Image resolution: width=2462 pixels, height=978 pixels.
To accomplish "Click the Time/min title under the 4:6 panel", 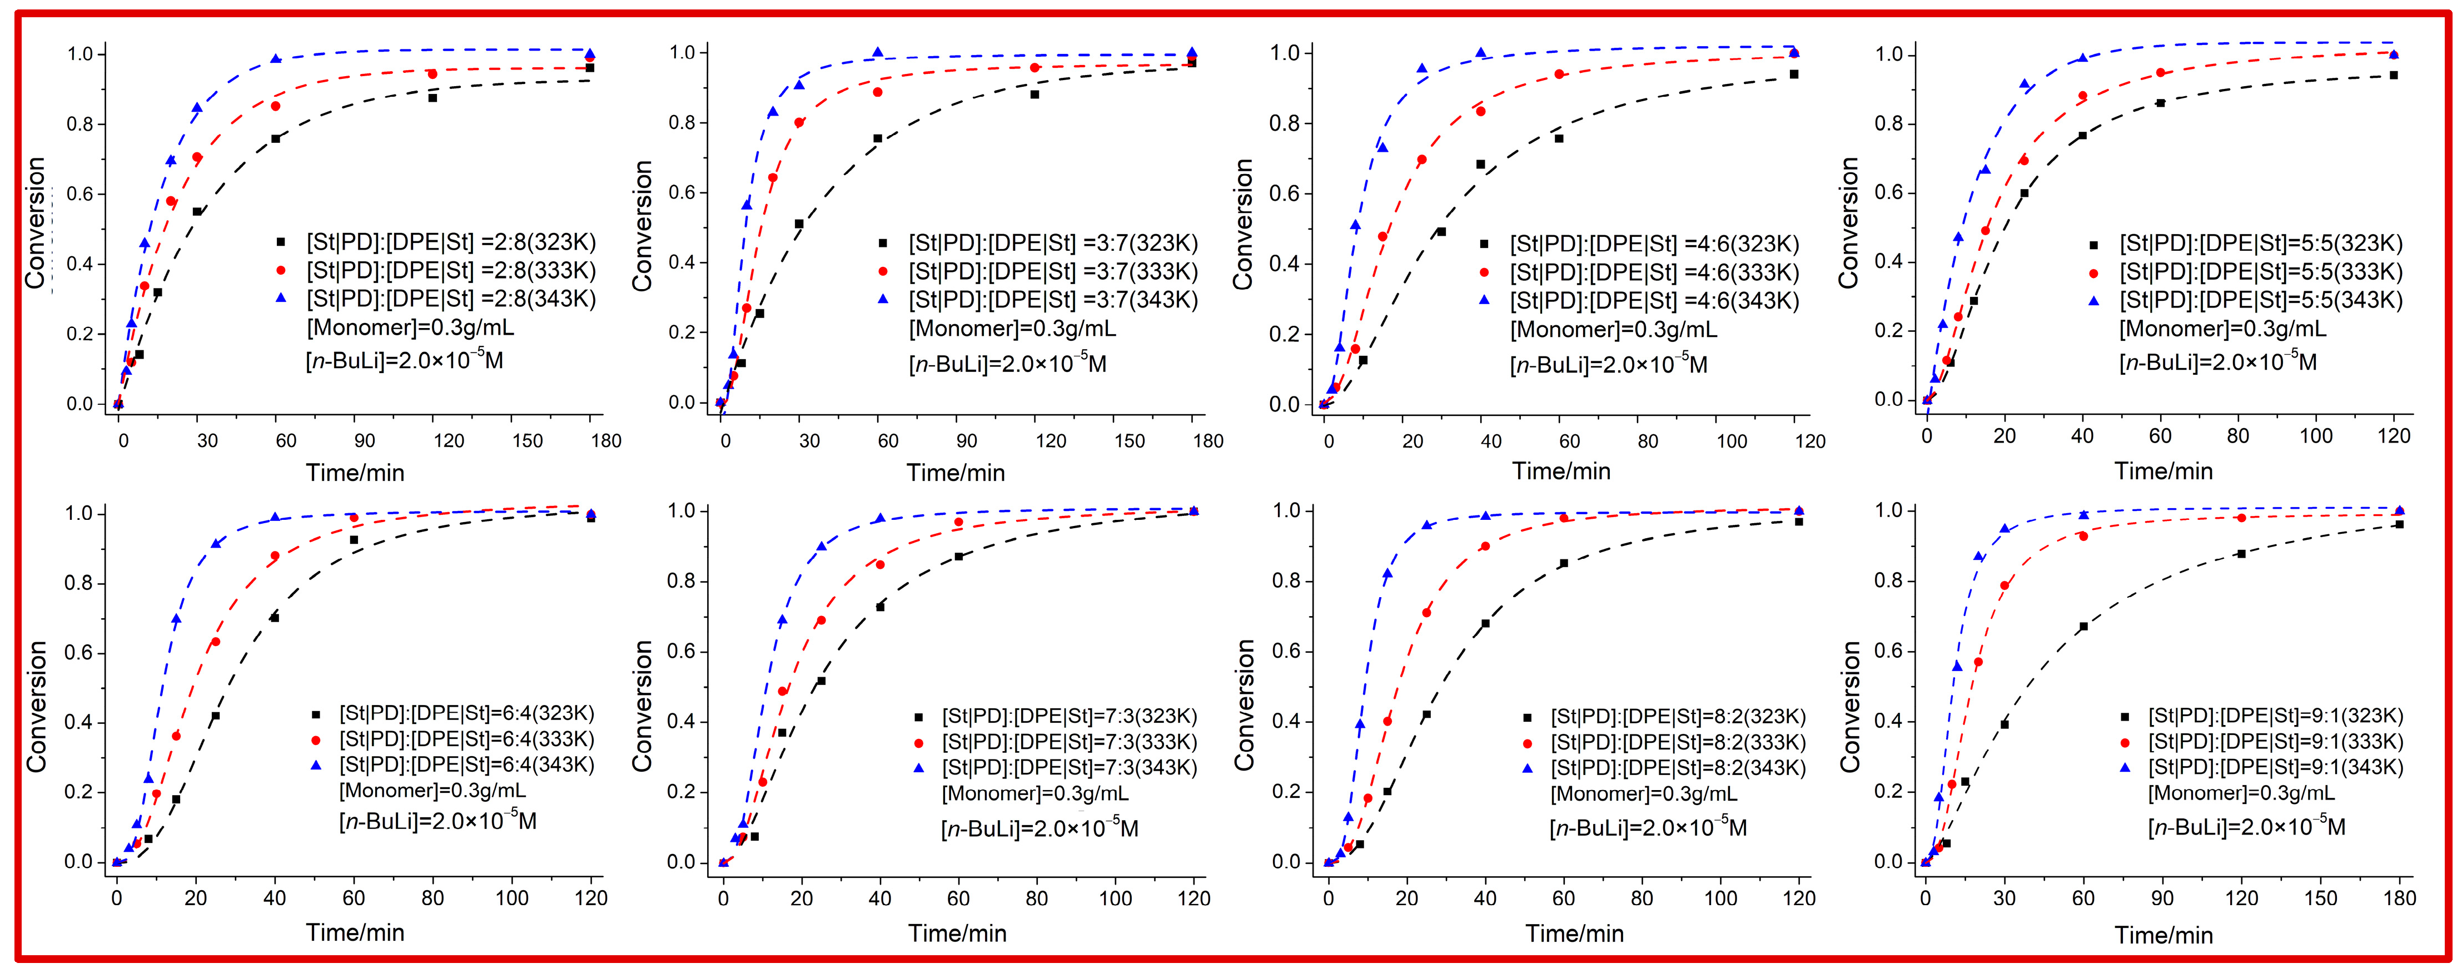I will (x=1561, y=471).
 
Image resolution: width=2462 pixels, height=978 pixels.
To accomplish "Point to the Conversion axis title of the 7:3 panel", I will (x=642, y=706).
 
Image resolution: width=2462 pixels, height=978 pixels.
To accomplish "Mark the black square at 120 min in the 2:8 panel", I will (x=433, y=97).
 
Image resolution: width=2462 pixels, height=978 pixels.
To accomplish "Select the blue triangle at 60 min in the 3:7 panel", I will (x=877, y=53).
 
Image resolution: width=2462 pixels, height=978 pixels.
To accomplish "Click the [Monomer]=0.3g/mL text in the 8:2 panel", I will (x=1643, y=793).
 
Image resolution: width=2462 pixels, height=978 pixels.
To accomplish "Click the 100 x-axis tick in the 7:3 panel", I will (x=1115, y=898).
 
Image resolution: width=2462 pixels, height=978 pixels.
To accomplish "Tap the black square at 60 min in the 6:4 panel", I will (x=354, y=540).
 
